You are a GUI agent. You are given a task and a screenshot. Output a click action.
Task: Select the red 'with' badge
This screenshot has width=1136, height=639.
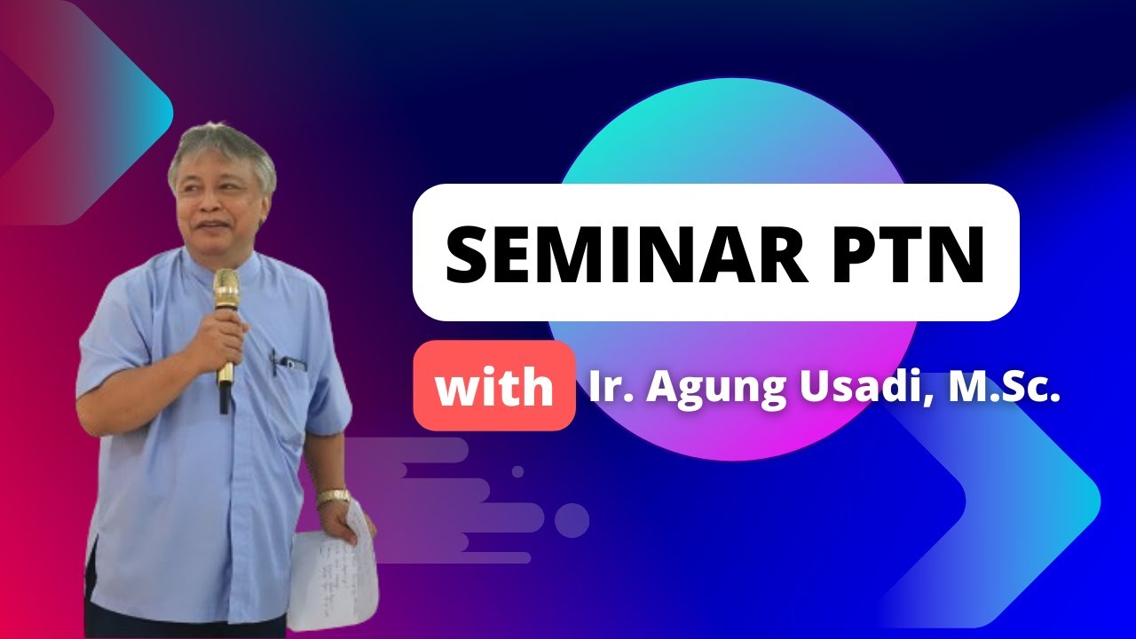tap(493, 387)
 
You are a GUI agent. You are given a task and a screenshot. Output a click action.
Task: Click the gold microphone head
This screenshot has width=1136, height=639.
tap(226, 289)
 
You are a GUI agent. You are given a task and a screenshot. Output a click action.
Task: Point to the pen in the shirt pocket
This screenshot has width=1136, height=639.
tap(274, 361)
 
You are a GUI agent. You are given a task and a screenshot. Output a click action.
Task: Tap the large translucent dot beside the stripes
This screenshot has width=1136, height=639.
tap(572, 520)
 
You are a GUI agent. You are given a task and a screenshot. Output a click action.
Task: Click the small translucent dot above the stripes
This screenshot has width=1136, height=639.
tap(517, 471)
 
